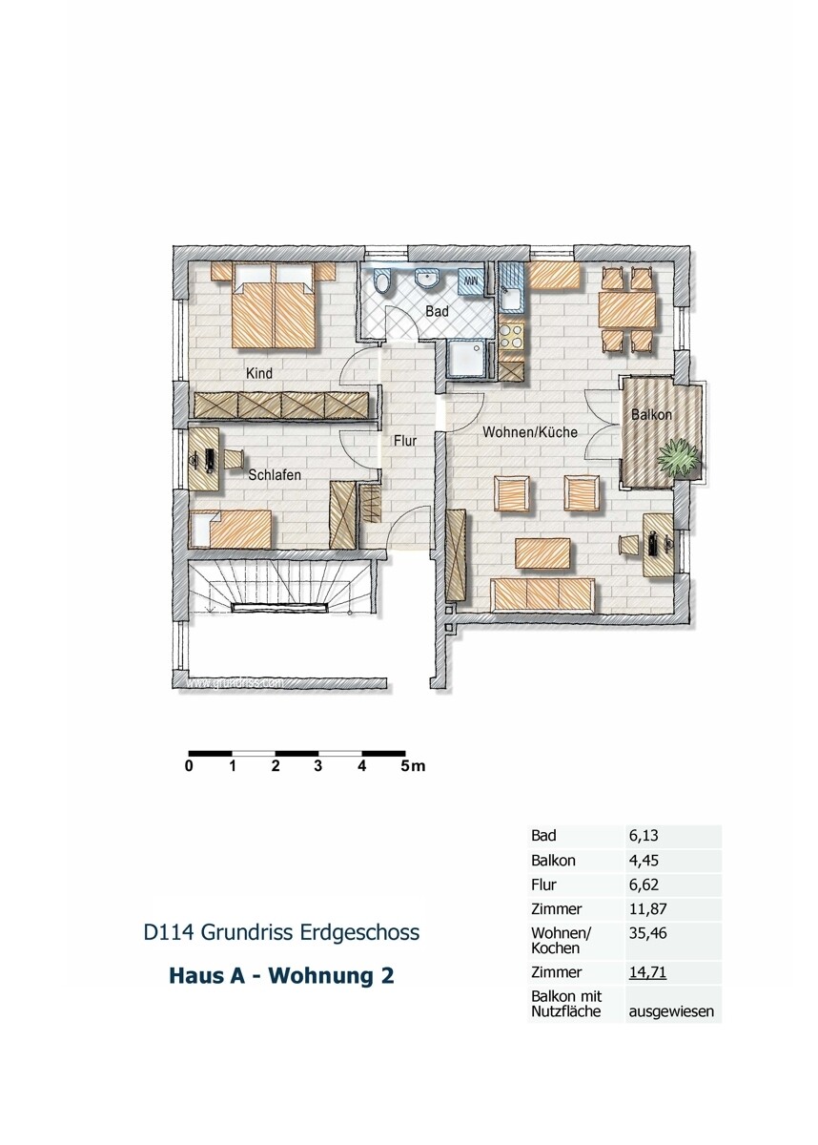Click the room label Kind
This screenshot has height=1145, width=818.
coord(259,373)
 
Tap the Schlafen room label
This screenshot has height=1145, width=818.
coord(276,474)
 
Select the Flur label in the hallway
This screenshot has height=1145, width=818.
coord(407,441)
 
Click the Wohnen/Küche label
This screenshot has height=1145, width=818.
coord(529,432)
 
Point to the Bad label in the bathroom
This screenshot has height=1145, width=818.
coord(438,311)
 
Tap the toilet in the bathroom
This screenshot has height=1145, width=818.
coord(383,282)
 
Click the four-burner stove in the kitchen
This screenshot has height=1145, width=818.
coord(512,335)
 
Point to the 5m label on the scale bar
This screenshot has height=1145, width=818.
coord(413,765)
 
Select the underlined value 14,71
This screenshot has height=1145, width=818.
coord(645,972)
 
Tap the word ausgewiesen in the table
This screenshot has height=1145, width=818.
coord(671,1010)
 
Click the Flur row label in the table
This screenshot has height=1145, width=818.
coord(543,885)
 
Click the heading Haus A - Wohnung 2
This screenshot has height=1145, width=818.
coord(280,976)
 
